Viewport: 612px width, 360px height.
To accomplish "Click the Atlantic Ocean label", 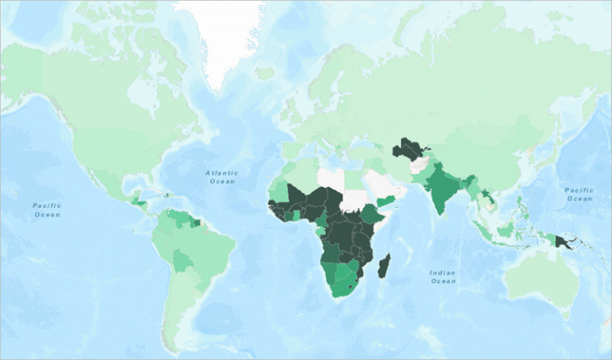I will click(x=221, y=176).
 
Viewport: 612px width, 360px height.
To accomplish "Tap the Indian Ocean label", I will click(x=443, y=276).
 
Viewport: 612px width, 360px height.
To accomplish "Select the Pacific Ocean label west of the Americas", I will click(x=47, y=209).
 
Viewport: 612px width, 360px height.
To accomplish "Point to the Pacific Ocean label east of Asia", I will click(x=579, y=194).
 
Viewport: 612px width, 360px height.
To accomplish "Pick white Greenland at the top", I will click(x=222, y=32).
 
